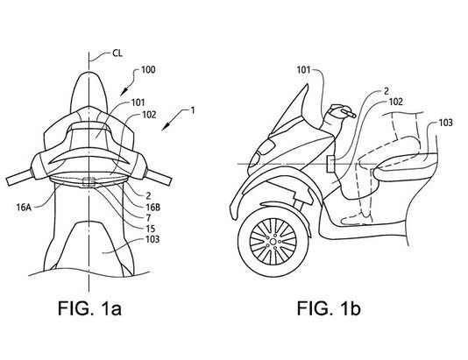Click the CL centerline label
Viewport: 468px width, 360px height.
(x=117, y=53)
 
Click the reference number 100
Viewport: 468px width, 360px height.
(x=148, y=70)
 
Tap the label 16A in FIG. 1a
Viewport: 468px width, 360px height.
(x=24, y=208)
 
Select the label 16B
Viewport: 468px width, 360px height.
(x=152, y=208)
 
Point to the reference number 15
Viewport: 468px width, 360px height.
(x=150, y=229)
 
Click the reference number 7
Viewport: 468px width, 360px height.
(x=148, y=218)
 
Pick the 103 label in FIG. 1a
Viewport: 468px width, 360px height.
(x=152, y=239)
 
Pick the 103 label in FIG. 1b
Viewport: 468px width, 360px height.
(x=446, y=123)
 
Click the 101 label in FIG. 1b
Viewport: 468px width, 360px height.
(x=303, y=70)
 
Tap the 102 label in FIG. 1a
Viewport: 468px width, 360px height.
(x=149, y=115)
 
